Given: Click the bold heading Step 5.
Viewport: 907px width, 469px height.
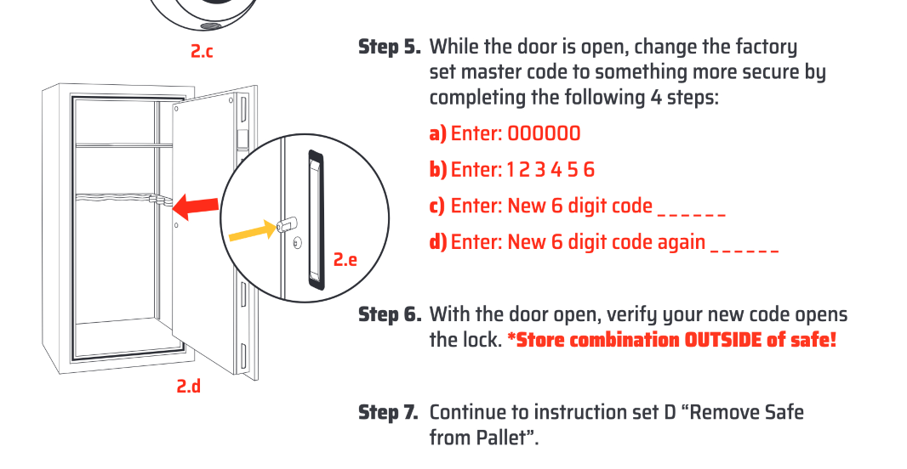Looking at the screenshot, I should click(390, 47).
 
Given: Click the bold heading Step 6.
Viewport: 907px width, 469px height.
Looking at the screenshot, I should click(390, 314).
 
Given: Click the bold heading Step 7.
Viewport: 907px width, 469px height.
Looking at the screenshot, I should click(389, 413).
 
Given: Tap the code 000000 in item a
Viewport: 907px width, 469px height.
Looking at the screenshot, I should click(545, 133).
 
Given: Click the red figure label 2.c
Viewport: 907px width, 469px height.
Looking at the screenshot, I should click(202, 52).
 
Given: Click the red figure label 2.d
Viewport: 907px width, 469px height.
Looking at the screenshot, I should click(189, 387).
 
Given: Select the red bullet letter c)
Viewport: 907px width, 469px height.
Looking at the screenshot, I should click(436, 206).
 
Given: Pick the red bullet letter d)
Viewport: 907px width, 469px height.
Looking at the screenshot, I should click(437, 243).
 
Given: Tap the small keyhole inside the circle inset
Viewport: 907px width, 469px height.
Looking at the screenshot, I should click(296, 244).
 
